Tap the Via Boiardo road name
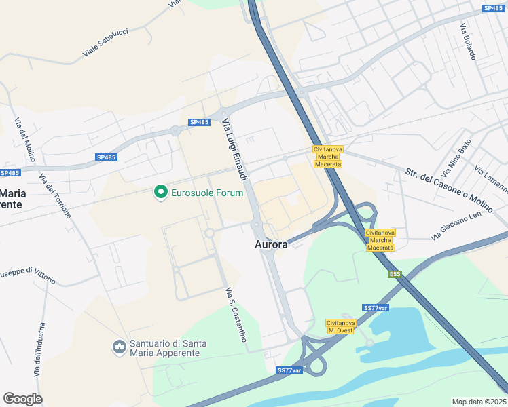469,41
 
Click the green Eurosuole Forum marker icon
161,193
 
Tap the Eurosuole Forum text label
206,193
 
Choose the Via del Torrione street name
56,196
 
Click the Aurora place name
272,244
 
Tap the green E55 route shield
395,274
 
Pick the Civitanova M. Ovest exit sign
340,326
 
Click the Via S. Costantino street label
235,315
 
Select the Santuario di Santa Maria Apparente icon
119,347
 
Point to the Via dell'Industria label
39,350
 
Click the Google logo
22,399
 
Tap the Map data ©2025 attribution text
479,402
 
